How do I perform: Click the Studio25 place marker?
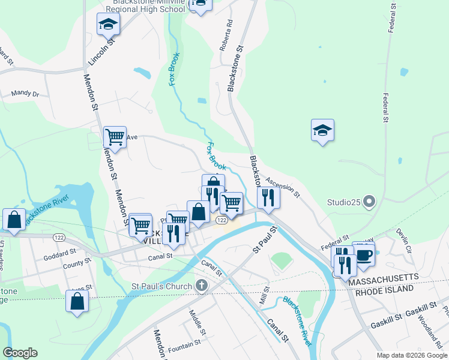point(369,202)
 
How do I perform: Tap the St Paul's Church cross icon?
point(201,286)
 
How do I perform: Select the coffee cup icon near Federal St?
point(364,254)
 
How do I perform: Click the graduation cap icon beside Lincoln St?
point(108,24)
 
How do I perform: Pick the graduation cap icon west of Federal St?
point(322,130)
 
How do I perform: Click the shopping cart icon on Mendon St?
point(114,137)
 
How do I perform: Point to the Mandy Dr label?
point(25,94)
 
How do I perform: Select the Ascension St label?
point(282,187)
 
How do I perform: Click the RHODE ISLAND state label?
point(385,289)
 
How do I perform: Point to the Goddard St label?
point(59,254)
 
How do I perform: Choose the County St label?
point(73,264)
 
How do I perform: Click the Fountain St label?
point(184,346)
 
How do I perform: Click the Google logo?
point(20,353)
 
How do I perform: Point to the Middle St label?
point(197,323)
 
